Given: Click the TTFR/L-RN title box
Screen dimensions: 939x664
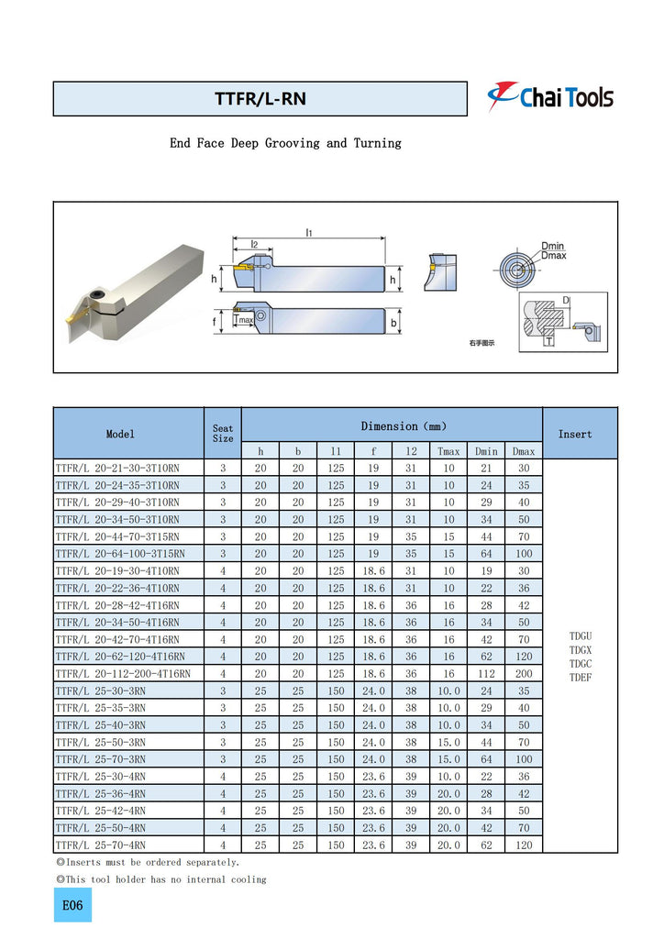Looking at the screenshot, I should click(x=260, y=99).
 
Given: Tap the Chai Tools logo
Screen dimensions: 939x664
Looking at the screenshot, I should click(x=550, y=96).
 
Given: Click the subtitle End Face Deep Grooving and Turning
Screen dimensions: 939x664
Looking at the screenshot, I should click(x=285, y=143).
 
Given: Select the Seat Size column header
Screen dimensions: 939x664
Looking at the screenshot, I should click(x=223, y=434).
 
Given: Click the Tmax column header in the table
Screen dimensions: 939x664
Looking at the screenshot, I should click(x=448, y=451).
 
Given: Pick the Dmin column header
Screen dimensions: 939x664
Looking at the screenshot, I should click(x=486, y=451).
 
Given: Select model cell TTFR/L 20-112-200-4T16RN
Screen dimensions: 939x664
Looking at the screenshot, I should click(x=123, y=673).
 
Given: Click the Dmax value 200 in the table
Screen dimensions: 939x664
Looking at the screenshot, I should click(x=524, y=673).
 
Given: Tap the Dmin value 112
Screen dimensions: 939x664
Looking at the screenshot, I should click(x=486, y=673).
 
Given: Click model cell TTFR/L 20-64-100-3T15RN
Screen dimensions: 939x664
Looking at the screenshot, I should click(x=120, y=553).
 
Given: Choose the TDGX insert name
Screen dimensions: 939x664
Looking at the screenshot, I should click(x=581, y=648).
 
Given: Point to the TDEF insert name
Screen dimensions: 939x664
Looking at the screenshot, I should click(x=581, y=678).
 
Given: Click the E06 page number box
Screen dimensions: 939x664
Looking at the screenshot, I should click(x=72, y=905).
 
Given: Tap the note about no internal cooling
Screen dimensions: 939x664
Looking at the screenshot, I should click(x=161, y=879).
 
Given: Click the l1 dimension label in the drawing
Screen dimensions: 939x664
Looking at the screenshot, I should click(x=309, y=233).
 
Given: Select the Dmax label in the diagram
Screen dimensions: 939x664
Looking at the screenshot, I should click(x=553, y=256).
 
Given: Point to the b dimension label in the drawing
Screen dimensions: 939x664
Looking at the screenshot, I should click(x=393, y=323).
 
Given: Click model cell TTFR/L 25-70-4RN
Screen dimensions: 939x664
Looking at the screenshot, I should click(x=101, y=845).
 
